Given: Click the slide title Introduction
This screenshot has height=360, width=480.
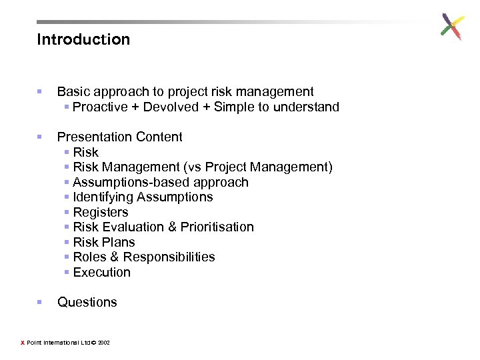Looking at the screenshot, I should click(83, 39).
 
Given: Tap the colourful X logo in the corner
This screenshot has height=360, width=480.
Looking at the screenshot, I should click(452, 27).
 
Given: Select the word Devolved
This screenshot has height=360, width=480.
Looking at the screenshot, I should click(171, 107).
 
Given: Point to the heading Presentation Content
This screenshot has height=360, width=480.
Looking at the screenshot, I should click(119, 137).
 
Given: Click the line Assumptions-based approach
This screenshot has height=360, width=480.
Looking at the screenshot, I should click(161, 183).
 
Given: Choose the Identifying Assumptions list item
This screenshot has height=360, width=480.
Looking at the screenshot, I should click(143, 197).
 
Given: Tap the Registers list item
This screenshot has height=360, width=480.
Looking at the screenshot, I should click(101, 213).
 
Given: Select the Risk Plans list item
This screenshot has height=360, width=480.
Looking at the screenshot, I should click(104, 243).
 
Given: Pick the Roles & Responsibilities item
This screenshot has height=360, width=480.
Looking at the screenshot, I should click(144, 257).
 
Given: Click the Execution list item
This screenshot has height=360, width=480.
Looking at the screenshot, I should click(102, 273).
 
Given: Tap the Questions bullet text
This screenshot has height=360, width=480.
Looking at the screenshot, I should click(87, 303).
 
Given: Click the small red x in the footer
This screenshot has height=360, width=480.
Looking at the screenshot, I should click(22, 343).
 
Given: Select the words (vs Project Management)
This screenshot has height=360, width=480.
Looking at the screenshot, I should click(269, 167).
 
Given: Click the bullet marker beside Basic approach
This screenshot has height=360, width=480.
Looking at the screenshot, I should click(40, 92).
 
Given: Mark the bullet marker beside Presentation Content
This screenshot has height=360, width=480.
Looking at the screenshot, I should click(40, 137).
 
